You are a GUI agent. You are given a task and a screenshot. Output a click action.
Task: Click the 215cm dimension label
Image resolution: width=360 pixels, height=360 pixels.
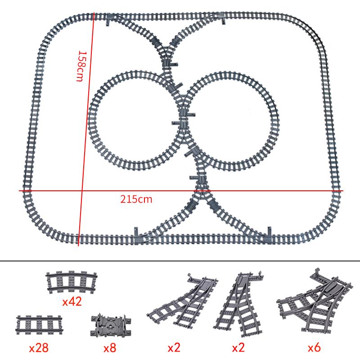[x=136, y=199]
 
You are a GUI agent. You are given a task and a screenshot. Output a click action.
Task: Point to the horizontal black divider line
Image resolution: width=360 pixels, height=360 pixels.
[x=180, y=261]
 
